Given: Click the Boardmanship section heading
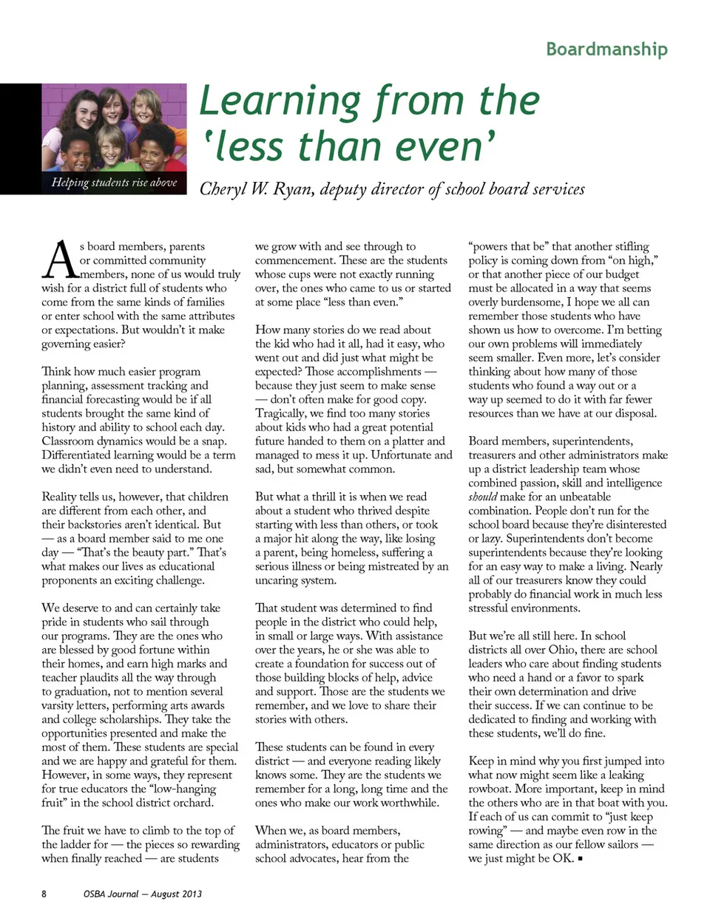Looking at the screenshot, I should tap(606, 49).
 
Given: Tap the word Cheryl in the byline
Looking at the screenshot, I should tap(223, 188).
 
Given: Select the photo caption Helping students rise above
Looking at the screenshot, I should tap(114, 182).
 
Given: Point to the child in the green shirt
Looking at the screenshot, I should tap(112, 154).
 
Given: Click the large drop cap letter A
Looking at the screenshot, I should tap(60, 261).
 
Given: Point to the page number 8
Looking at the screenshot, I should tap(44, 894).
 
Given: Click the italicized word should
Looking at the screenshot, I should tap(482, 497).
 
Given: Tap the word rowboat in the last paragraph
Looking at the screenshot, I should tap(491, 789).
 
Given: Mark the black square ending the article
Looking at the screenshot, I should tap(581, 859).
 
